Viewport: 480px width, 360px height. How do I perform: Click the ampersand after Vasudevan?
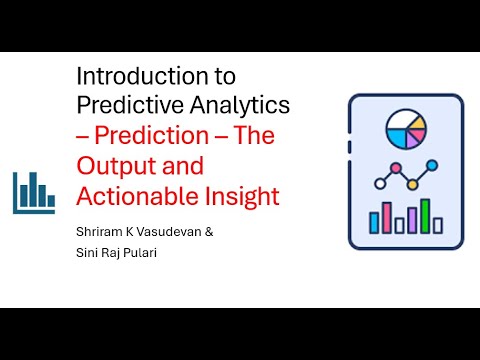pyautogui.click(x=208, y=232)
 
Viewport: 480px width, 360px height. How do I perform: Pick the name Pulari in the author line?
pyautogui.click(x=143, y=254)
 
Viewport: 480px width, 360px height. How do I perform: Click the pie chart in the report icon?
pyautogui.click(x=406, y=130)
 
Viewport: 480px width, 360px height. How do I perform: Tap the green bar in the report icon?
pyautogui.click(x=425, y=215)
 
